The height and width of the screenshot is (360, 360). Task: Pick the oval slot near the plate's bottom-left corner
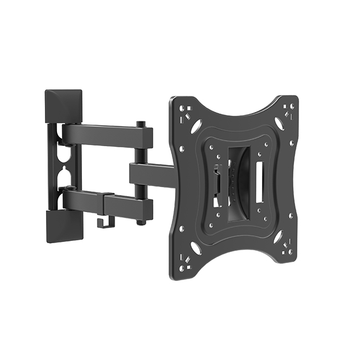coord(196,248)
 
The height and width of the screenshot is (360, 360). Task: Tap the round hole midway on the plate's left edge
coord(182,148)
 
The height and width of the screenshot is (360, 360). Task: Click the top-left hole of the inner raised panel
coord(211,147)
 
